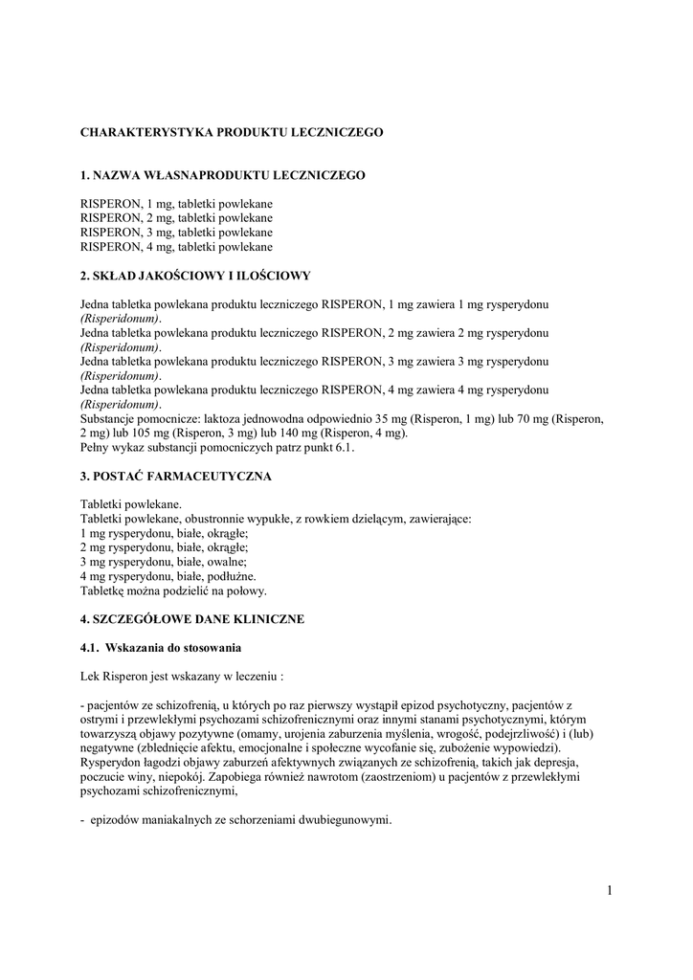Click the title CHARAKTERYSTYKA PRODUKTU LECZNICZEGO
tap(231, 133)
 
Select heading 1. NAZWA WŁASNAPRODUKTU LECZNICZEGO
tap(222, 176)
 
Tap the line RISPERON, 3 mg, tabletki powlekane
tap(176, 233)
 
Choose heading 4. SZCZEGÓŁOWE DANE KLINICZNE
tap(191, 619)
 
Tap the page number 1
tap(609, 891)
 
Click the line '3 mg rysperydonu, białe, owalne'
tap(164, 562)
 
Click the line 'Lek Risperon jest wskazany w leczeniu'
tap(181, 676)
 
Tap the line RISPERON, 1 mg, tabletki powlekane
tap(176, 204)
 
